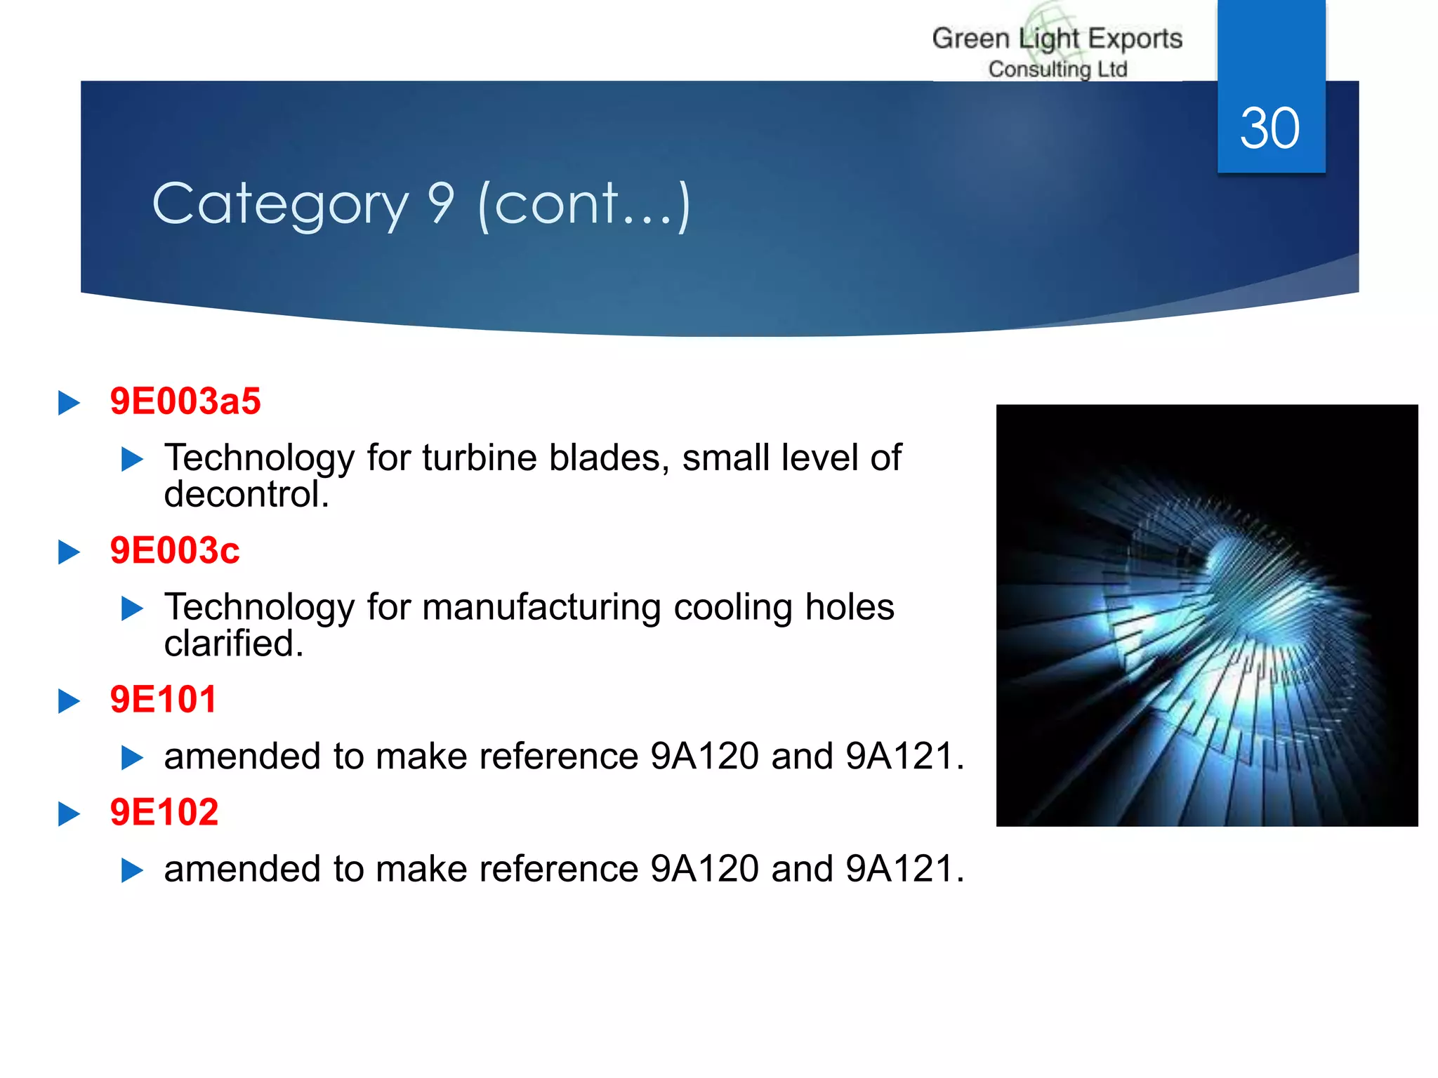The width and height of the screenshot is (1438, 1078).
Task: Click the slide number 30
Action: [1269, 128]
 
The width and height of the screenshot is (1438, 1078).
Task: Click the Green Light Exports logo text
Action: [1057, 39]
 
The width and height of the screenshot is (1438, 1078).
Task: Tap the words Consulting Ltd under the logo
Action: [1057, 69]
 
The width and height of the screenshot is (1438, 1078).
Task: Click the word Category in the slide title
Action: [280, 204]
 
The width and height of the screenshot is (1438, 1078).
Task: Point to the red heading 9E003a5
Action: [185, 401]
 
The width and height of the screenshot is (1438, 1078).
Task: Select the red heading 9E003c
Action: [175, 550]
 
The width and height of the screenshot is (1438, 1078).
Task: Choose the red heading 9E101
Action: [164, 700]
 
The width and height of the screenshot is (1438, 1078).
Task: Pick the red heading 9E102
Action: [164, 812]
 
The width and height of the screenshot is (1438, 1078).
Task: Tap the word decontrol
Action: [246, 494]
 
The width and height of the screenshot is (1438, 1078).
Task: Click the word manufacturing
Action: [541, 607]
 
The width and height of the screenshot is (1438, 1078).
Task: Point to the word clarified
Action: [233, 644]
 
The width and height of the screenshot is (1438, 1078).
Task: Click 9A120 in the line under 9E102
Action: [704, 869]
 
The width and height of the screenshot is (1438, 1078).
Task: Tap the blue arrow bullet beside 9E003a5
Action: [69, 403]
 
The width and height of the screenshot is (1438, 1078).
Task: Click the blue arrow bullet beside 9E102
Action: [69, 814]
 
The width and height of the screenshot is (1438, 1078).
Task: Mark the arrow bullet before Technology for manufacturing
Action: [132, 608]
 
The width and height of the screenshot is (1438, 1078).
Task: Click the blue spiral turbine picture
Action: [1206, 615]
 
